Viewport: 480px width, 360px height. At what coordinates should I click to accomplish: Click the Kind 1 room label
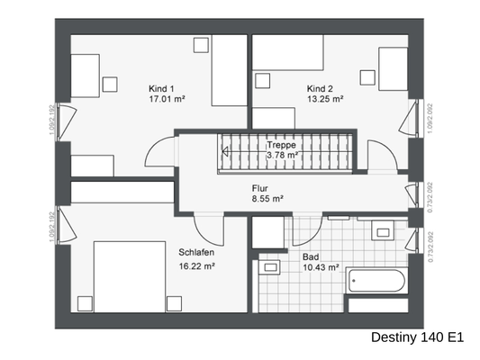point(162,89)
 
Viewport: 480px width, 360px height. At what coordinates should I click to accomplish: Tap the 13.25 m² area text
point(325,101)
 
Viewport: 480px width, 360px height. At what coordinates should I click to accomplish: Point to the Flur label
point(261,189)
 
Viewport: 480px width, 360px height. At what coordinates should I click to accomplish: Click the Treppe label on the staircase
point(282,144)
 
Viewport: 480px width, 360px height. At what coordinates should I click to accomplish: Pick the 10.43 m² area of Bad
point(321,267)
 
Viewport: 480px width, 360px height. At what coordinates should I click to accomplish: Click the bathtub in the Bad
point(376,281)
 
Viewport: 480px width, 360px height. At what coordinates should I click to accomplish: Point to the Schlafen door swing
point(206,228)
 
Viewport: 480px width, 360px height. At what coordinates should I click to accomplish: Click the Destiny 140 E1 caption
point(416,338)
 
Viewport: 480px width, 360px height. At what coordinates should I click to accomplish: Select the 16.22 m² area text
point(195,266)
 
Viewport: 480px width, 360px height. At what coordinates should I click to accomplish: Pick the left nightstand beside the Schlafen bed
point(86,301)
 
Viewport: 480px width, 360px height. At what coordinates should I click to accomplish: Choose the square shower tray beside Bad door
point(268,232)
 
